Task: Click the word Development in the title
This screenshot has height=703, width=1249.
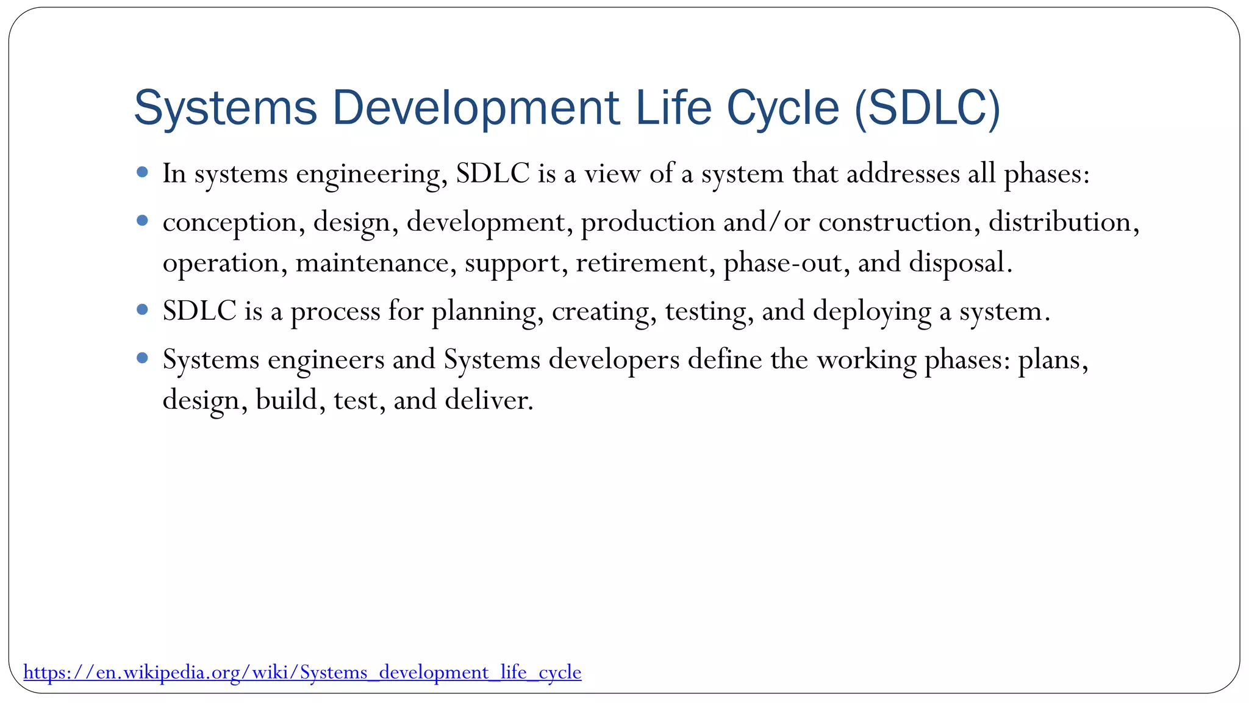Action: coord(476,108)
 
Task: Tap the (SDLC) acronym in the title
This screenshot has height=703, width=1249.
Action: coord(927,108)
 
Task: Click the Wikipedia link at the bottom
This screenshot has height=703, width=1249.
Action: coord(302,672)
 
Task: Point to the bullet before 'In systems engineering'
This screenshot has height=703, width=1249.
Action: coord(143,173)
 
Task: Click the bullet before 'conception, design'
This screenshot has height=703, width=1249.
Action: coord(143,221)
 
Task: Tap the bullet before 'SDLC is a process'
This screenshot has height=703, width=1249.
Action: coord(143,310)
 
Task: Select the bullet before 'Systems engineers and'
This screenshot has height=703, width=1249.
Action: coord(143,358)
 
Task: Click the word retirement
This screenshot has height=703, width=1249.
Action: coord(641,263)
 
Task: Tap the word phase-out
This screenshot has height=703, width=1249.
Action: coord(782,263)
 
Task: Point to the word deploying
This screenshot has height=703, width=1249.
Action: coord(872,311)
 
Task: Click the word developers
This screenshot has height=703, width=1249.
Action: coord(614,359)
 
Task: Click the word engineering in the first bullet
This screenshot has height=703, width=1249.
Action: coord(368,175)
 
